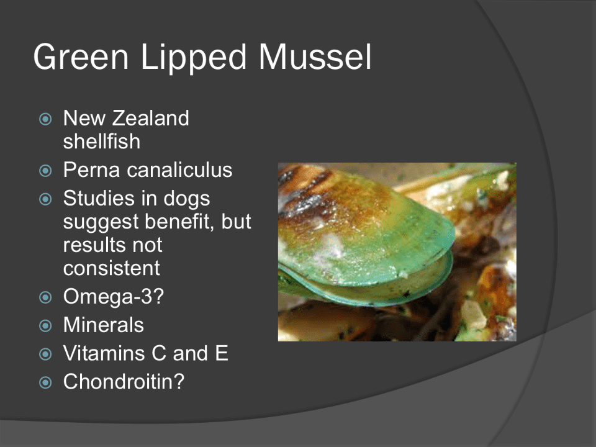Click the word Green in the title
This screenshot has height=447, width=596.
(x=81, y=56)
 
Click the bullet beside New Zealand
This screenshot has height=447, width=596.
(x=45, y=119)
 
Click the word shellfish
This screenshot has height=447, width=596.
(x=101, y=141)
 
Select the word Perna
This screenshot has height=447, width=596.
(x=92, y=169)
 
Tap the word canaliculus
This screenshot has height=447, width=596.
(x=179, y=169)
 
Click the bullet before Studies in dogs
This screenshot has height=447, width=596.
(x=45, y=199)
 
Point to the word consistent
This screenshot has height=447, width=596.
(x=111, y=268)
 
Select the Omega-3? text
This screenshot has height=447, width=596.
(x=113, y=297)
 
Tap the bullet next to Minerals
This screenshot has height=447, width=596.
(x=45, y=326)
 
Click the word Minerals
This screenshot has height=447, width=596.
(x=104, y=325)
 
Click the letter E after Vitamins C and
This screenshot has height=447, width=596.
(x=222, y=353)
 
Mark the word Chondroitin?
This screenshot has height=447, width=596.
(x=124, y=381)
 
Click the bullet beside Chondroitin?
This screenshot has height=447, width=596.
(x=45, y=382)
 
